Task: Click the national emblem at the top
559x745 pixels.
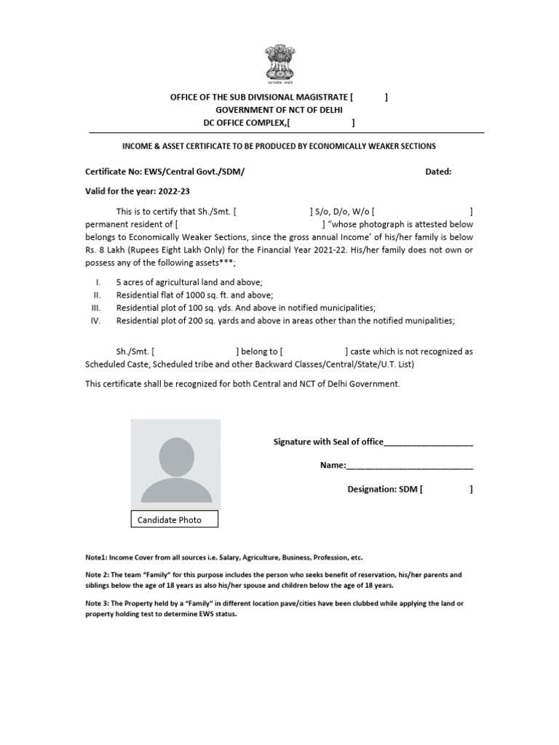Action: tap(279, 63)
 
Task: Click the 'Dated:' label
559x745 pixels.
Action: tap(438, 172)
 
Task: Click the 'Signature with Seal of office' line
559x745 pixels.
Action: tap(372, 442)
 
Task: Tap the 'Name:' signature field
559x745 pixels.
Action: tap(397, 465)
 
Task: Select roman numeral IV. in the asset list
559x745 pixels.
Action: tap(95, 320)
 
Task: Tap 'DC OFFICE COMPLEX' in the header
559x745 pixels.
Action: tap(244, 122)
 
